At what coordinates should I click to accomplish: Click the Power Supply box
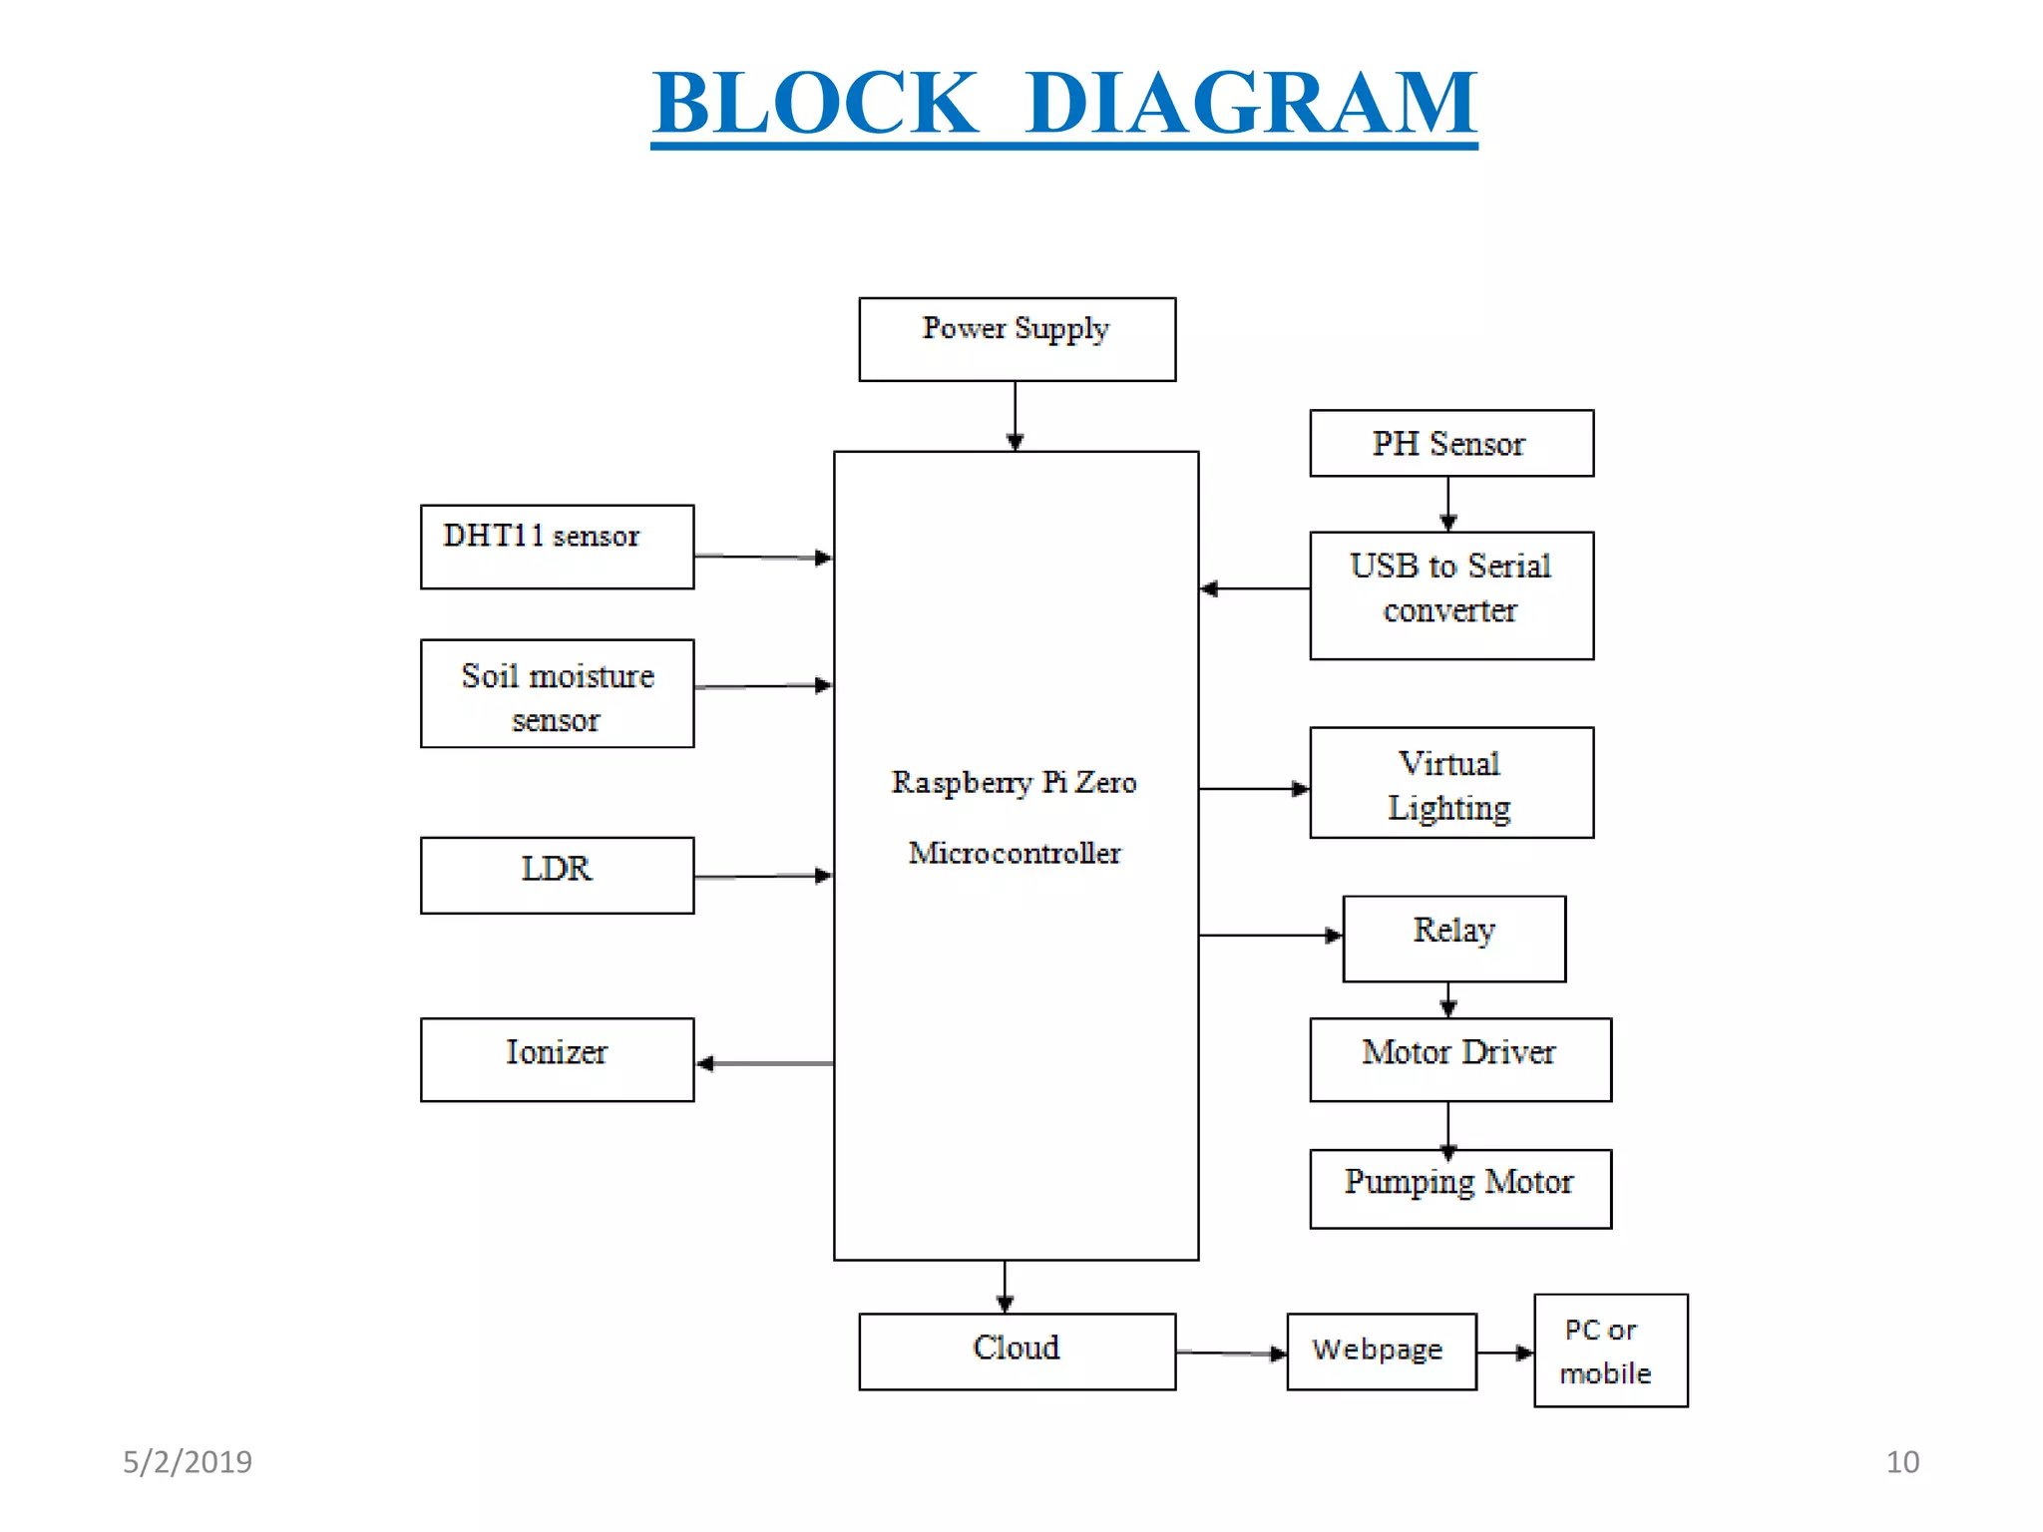1017,339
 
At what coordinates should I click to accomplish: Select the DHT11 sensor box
557,547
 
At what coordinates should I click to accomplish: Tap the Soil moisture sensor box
557,694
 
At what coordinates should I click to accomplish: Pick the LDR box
557,875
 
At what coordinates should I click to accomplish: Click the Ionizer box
557,1059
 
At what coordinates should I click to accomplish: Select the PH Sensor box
1450,443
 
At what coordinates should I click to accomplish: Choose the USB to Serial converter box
1450,595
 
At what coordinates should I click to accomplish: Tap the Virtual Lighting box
1450,783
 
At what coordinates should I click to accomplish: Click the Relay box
1453,939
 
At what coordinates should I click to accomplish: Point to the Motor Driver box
1459,1059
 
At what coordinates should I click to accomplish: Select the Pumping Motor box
1459,1188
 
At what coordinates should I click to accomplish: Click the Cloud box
1017,1350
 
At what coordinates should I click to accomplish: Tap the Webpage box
1381,1350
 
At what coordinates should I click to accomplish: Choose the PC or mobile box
1610,1350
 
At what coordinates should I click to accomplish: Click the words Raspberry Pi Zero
1014,782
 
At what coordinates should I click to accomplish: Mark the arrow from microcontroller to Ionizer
764,1063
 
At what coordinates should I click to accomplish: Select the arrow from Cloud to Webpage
1231,1353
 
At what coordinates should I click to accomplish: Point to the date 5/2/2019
188,1461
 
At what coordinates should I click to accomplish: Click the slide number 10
1901,1461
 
